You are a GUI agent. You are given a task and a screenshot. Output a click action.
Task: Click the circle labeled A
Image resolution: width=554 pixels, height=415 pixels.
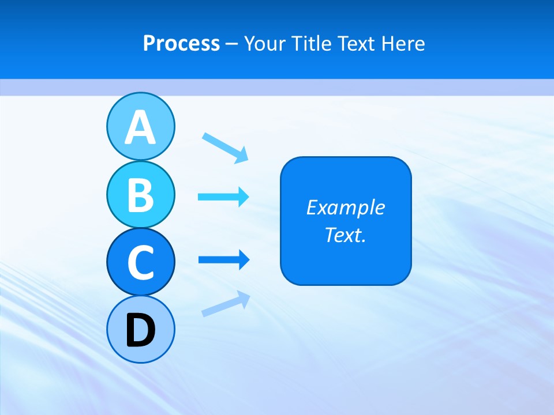(x=140, y=126)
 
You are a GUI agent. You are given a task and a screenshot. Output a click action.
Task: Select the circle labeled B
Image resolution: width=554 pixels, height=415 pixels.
(x=140, y=194)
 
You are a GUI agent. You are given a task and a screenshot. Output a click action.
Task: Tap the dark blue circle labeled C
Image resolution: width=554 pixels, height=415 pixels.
(x=140, y=262)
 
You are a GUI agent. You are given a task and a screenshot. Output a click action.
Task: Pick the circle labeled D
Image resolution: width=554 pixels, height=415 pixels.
(x=140, y=329)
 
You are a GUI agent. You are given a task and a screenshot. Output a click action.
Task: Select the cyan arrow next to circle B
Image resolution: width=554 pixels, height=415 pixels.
(x=223, y=197)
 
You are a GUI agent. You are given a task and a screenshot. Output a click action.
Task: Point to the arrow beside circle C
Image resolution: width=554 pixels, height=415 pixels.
(x=223, y=260)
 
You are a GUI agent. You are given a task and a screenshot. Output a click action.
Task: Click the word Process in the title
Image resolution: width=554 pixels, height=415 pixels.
(x=181, y=43)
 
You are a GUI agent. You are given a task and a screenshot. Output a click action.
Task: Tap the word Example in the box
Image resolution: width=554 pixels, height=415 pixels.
(x=345, y=207)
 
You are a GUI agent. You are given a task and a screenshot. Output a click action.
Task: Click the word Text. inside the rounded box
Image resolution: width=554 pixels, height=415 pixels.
(x=345, y=235)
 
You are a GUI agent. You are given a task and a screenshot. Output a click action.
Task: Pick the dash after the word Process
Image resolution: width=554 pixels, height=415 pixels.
(x=232, y=44)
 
